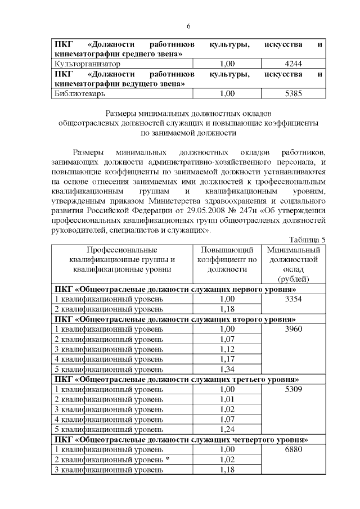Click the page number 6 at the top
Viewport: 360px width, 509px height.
coord(188,26)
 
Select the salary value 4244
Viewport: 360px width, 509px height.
coord(294,64)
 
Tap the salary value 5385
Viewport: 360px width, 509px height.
coord(294,94)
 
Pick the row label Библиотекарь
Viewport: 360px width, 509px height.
coord(78,94)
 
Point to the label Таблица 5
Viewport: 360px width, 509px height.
coord(307,240)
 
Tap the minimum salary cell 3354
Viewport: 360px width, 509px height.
coord(294,299)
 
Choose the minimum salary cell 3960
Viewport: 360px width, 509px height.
coord(294,329)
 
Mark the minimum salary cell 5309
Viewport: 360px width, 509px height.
coord(294,389)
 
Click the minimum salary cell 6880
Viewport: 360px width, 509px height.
coord(294,449)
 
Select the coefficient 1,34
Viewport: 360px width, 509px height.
coord(227,369)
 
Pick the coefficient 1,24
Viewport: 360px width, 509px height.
coord(227,429)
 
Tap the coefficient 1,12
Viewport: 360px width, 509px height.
coord(227,349)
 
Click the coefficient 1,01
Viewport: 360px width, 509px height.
coord(227,399)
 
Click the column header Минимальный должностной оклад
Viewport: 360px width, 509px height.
coord(294,264)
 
